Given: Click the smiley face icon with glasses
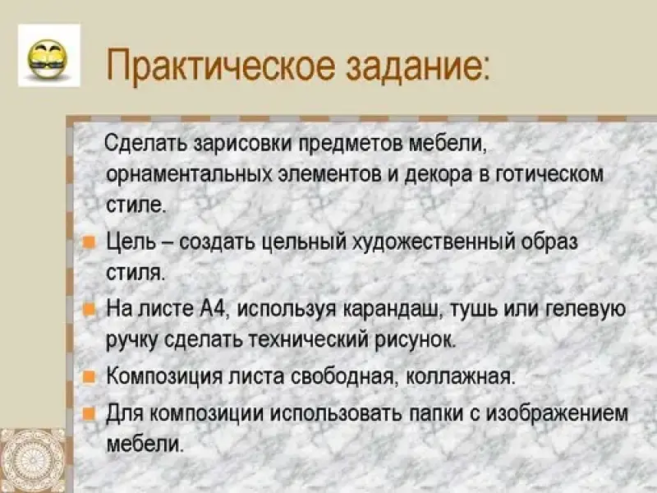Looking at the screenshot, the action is click(48, 59).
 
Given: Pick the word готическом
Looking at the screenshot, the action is click(549, 175).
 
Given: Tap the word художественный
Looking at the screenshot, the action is click(434, 242).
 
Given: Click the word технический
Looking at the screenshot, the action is click(309, 339).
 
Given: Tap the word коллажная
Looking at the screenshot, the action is click(459, 376).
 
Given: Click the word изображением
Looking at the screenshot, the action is click(558, 414).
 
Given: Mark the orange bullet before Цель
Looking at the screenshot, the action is click(90, 242).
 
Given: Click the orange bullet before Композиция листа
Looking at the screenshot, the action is click(90, 376).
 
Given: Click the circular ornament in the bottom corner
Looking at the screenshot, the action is click(33, 460).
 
